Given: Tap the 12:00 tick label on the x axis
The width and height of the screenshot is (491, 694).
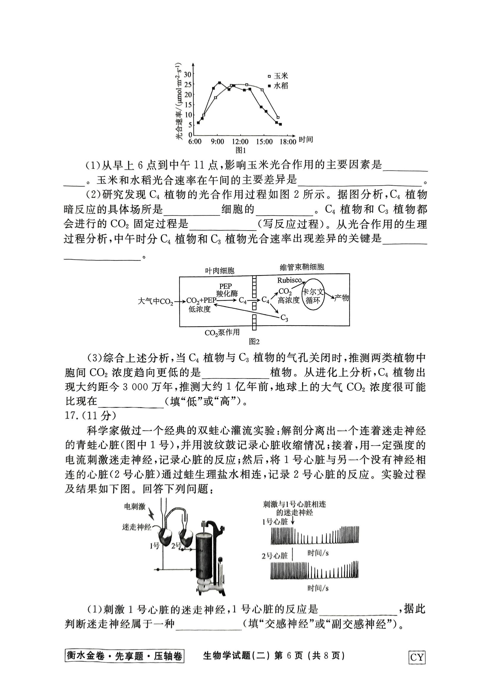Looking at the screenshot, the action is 240,141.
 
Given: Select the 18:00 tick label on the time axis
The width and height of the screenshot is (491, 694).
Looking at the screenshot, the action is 288,141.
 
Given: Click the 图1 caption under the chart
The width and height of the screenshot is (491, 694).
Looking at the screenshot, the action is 241,150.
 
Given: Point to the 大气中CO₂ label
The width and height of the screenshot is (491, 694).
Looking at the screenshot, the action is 155,302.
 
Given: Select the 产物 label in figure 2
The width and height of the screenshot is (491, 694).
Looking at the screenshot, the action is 342,298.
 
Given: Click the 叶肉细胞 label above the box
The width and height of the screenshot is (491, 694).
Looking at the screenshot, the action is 220,270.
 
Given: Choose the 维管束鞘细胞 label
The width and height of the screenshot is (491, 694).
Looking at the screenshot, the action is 302,267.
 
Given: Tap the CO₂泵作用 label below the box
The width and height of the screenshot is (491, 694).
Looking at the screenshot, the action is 222,333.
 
